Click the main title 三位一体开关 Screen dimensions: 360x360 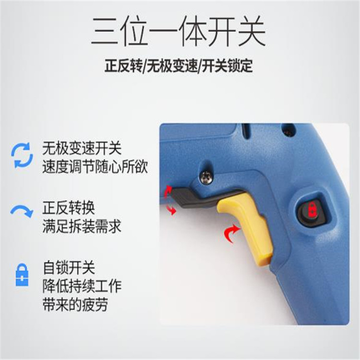(179, 31)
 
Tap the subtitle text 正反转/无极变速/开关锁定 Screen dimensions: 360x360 (179, 66)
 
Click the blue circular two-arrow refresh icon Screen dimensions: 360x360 (22, 155)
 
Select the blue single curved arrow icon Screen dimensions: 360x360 (22, 211)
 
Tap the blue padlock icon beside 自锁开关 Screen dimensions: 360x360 (22, 275)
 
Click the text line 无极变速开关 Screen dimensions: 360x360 (82, 148)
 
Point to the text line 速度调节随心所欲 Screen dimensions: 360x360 (95, 167)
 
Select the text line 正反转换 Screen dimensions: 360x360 (69, 208)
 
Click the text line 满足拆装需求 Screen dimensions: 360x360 (82, 227)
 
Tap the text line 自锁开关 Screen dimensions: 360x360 (69, 268)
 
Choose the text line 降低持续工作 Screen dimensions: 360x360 (82, 286)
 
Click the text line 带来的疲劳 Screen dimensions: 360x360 (75, 304)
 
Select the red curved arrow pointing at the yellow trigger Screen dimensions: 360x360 (232, 233)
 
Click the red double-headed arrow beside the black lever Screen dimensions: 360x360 (169, 200)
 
